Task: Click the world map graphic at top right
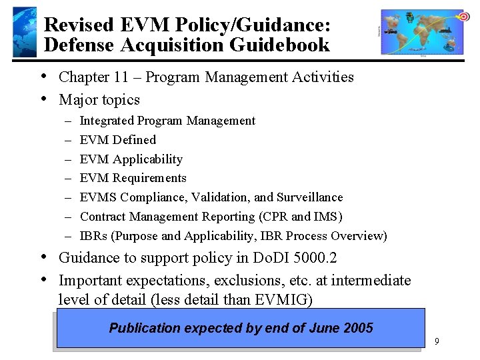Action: [422, 32]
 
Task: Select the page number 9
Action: [436, 341]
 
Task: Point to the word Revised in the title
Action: [80, 25]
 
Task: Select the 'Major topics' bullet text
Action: [99, 100]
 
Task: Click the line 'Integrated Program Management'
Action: [167, 121]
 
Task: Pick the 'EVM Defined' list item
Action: [117, 140]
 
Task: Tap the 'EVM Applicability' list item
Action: [131, 159]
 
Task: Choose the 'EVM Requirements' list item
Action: [133, 178]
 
